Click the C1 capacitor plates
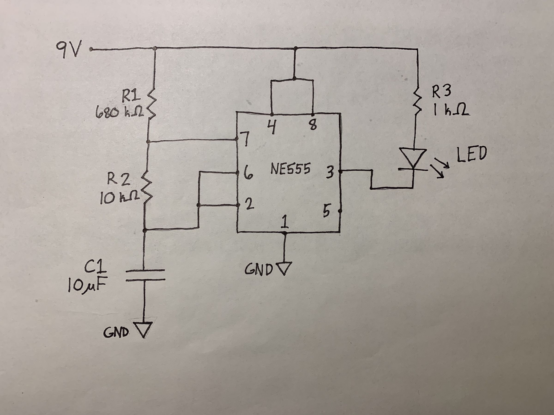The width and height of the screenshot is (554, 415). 145,275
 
